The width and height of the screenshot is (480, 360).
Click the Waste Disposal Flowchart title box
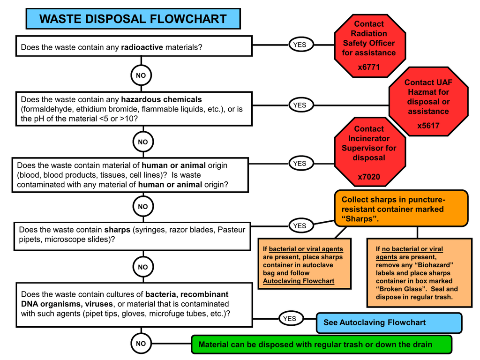coord(133,19)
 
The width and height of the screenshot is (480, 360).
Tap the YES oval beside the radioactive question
coord(300,45)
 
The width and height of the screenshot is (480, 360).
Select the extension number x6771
coord(368,67)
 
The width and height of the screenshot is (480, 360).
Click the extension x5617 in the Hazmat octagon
coord(428,126)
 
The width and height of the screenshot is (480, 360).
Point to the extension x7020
coord(368,177)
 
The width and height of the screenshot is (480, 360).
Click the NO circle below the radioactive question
coord(141,75)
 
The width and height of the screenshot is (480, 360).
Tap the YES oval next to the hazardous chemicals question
coord(300,105)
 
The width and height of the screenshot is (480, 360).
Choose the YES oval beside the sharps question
coord(300,225)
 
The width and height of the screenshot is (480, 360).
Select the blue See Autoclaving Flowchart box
coord(389,322)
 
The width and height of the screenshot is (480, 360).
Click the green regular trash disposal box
coord(322,345)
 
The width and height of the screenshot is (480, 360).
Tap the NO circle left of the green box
coord(141,344)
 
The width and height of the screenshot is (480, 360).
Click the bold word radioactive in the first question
coord(142,47)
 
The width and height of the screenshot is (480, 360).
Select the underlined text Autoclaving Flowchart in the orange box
coord(299,281)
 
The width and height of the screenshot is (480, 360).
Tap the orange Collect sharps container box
coord(401,209)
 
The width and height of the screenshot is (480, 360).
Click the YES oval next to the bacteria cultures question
coord(290,319)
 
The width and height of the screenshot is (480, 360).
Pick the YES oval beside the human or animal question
coord(300,164)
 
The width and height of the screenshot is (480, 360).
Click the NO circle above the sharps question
coord(142,206)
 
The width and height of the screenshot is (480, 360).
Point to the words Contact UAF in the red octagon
coord(428,82)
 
